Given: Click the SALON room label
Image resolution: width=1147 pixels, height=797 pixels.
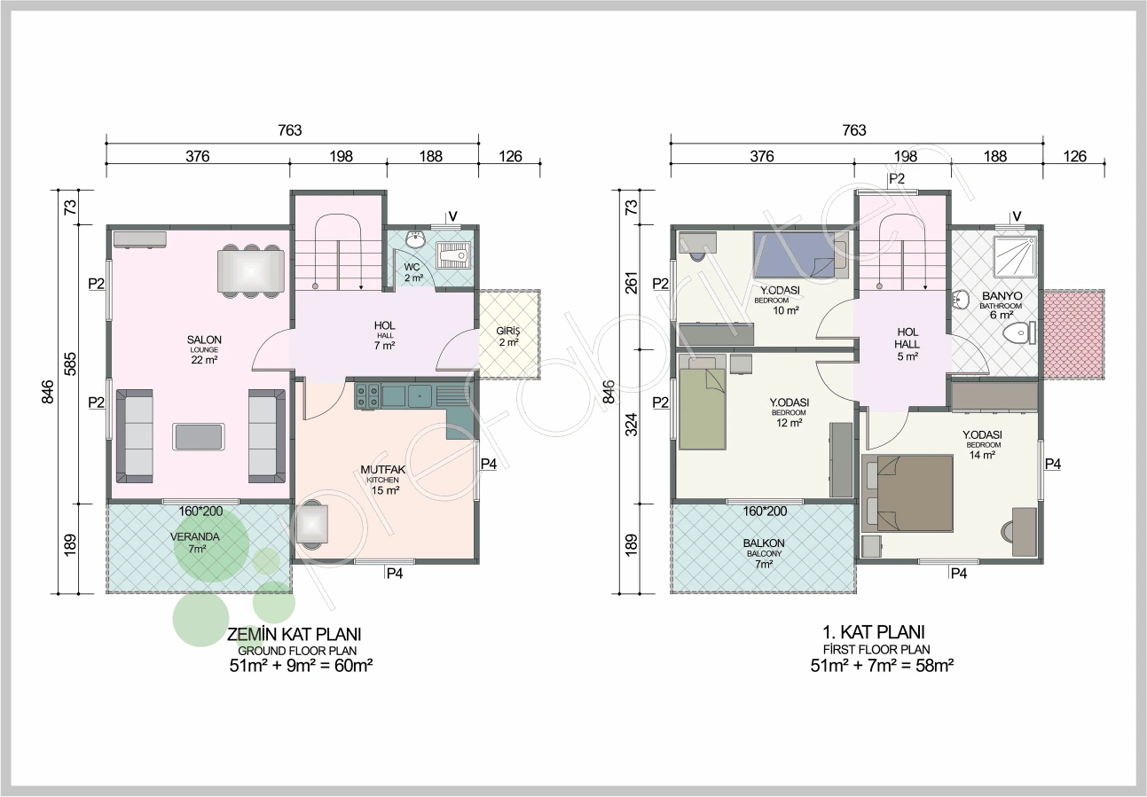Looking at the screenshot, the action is tap(204, 340).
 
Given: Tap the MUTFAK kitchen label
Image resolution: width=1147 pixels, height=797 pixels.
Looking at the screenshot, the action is tap(383, 469).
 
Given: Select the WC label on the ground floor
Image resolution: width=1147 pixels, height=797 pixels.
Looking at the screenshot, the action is tap(412, 267).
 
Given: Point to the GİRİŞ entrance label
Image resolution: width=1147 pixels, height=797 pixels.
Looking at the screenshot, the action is tap(508, 332).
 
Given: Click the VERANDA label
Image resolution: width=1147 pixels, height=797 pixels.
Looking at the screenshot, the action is tap(194, 537).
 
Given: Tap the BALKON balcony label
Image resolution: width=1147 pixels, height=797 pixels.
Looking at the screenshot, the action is tap(764, 543).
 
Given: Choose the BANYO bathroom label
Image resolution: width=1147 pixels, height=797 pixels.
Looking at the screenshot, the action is tap(1002, 296).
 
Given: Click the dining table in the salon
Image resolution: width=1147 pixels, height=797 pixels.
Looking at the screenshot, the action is tap(251, 270).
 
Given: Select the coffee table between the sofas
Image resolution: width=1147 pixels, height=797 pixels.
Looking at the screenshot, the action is tap(199, 437).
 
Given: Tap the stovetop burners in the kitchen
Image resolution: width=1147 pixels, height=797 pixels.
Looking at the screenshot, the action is tap(367, 396).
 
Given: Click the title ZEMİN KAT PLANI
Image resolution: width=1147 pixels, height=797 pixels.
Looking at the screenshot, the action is tap(294, 635).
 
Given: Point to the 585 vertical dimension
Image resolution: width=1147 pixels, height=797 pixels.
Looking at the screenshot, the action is tap(70, 364).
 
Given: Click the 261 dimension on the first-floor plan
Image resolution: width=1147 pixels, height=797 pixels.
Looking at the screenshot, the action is tap(632, 283).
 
